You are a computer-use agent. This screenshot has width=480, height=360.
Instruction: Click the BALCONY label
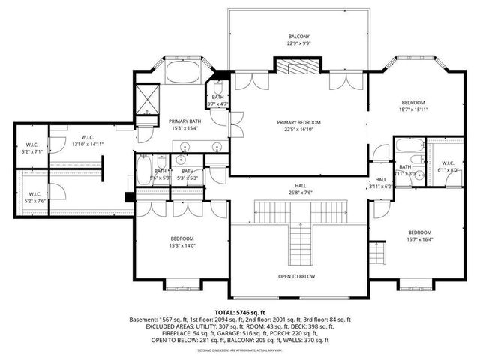(298, 37)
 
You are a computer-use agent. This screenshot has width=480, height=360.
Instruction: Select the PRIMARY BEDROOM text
(298, 122)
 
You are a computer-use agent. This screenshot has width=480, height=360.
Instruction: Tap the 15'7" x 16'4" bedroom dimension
(419, 239)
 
